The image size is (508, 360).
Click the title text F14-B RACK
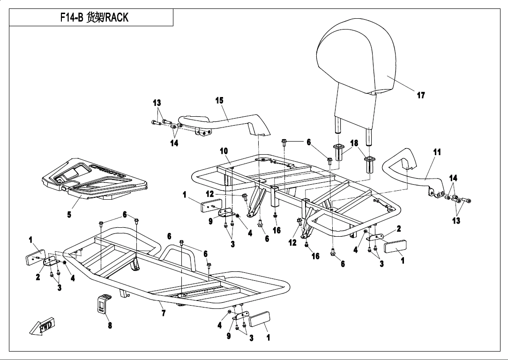pos(94,18)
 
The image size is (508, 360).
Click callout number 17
pos(421,95)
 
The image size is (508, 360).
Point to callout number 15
pos(219,100)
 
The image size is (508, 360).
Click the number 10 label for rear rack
pos(224,151)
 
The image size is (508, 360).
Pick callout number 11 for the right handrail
pos(437,152)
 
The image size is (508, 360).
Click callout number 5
pos(69,215)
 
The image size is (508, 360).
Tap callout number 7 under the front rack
pos(163,313)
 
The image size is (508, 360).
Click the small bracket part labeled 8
pos(103,305)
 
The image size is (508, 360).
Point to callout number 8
pos(110,326)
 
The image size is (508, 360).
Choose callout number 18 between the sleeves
pos(354,142)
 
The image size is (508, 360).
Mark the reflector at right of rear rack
pos(395,246)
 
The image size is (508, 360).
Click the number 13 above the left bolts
pos(157,103)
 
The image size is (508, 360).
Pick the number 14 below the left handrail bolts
pos(174,143)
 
